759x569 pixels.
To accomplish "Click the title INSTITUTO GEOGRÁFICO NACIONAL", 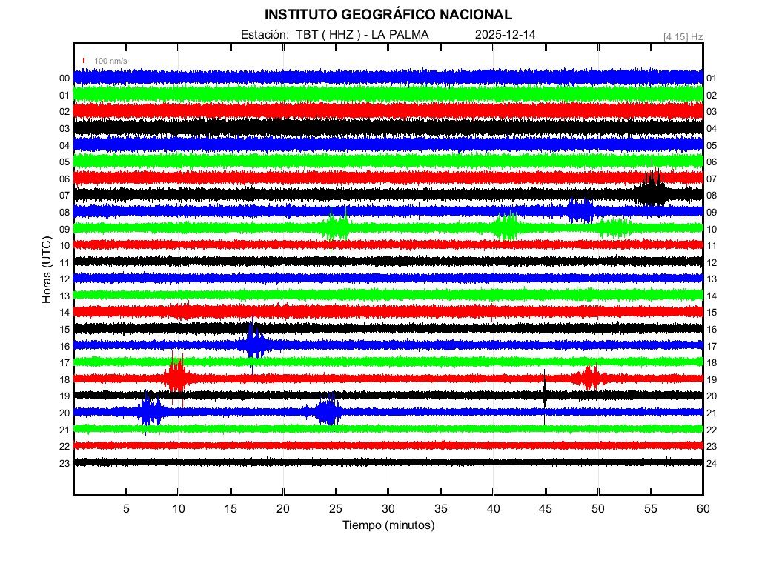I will [x=388, y=15].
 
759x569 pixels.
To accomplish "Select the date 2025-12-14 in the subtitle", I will [x=506, y=35].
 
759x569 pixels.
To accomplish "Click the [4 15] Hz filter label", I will [x=683, y=36].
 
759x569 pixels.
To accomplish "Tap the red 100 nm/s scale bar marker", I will [x=84, y=60].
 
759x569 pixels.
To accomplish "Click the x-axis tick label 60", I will [x=703, y=508].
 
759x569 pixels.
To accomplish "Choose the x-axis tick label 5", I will [x=126, y=508].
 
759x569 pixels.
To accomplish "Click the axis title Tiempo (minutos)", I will [x=388, y=525].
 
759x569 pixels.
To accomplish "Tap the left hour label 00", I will [x=64, y=79].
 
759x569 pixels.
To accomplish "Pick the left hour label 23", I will [x=64, y=463].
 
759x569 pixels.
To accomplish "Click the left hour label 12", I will [x=64, y=279].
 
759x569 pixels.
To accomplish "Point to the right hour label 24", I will [x=712, y=463].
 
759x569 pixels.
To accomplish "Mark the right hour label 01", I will [x=712, y=79].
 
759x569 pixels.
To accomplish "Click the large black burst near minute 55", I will [x=652, y=191].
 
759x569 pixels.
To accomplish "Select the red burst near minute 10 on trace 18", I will [x=177, y=377].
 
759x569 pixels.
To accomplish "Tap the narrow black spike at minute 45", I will [x=545, y=393].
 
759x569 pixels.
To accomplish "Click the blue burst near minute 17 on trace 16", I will [x=254, y=344].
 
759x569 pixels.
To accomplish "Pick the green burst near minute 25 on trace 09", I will [x=337, y=227].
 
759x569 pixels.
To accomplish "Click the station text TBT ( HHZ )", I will [x=328, y=35].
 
